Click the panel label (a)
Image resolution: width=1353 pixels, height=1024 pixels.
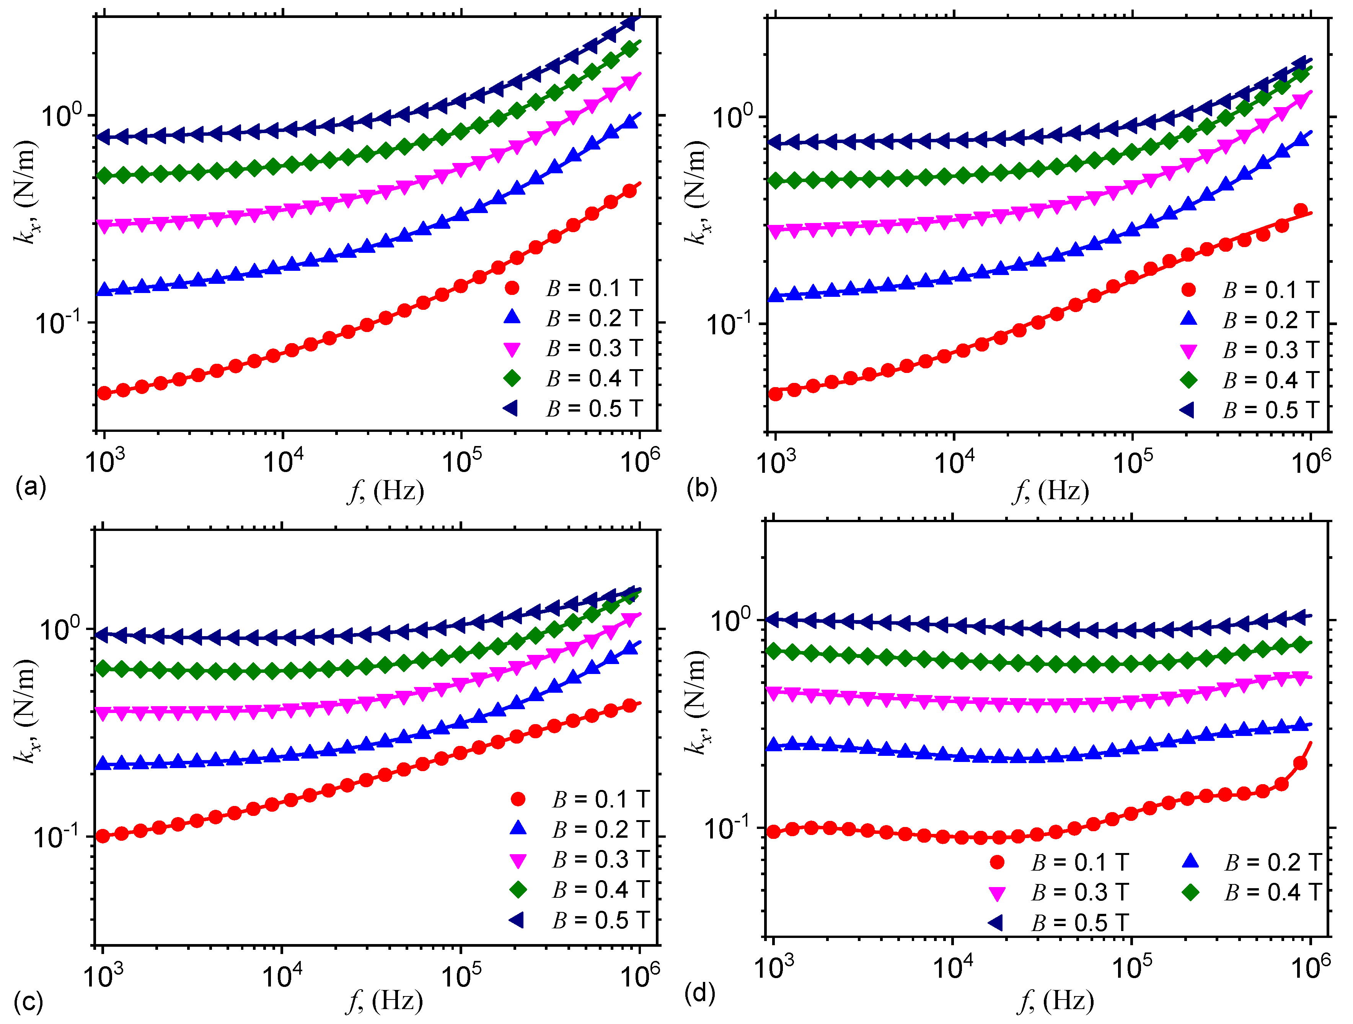[x=31, y=487]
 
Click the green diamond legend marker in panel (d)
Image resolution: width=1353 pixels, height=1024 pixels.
[x=1190, y=892]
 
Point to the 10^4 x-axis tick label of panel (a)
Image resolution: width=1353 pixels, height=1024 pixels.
[x=283, y=460]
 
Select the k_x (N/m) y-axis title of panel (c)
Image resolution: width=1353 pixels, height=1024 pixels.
[x=26, y=712]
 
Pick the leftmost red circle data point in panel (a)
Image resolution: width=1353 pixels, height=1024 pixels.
[x=104, y=393]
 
